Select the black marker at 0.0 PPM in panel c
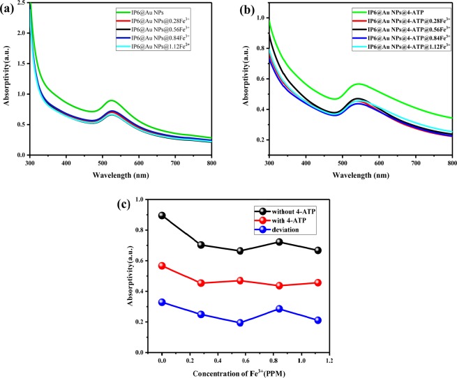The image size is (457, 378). tap(162, 216)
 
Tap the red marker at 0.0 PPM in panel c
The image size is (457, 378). tap(162, 266)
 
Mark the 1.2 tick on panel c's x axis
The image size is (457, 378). tap(331, 363)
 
